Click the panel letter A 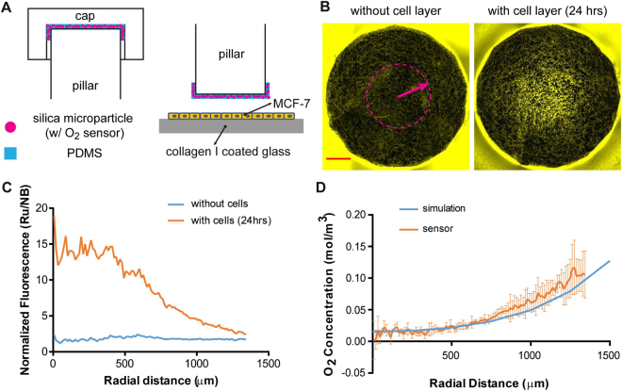(7, 8)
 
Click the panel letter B (321, 8)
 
